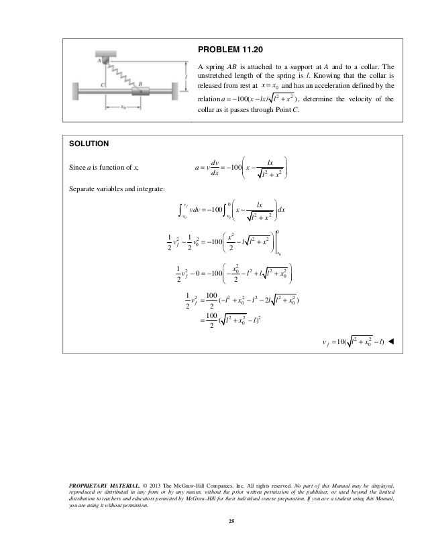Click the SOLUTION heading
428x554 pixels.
click(90, 144)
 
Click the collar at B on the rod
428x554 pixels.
click(142, 91)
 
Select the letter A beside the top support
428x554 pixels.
click(99, 60)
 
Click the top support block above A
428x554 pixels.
click(105, 52)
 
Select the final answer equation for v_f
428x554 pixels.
click(353, 342)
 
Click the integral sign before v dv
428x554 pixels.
click(179, 209)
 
